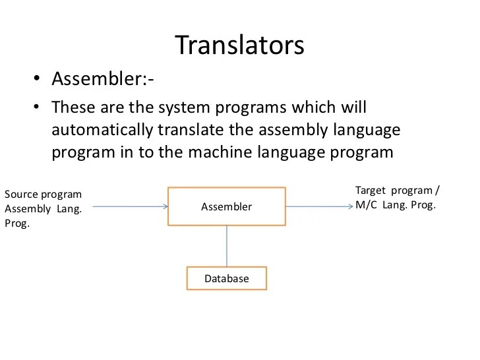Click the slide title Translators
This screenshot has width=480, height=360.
[x=239, y=45]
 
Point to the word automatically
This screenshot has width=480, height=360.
[x=98, y=129]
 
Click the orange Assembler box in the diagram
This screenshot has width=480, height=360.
[x=227, y=206]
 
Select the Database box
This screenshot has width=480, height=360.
[x=227, y=278]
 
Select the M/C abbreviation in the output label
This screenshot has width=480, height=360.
[x=367, y=204]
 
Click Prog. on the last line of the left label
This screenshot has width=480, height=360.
[x=17, y=224]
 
